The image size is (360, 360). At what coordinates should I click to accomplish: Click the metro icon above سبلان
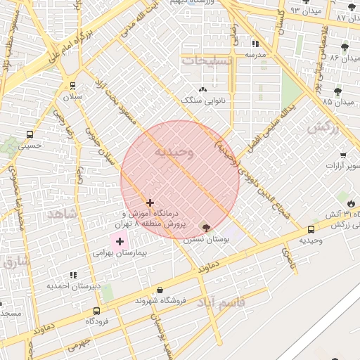(x=73, y=85)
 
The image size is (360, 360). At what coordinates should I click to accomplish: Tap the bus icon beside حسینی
(x=30, y=134)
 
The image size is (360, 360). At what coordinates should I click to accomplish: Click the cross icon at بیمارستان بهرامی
(x=120, y=241)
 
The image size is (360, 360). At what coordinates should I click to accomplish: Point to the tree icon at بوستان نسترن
(x=205, y=228)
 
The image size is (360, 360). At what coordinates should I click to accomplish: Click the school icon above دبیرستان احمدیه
(x=72, y=275)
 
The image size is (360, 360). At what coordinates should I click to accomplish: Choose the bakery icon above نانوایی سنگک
(x=203, y=89)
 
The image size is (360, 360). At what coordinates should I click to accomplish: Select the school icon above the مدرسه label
(x=255, y=44)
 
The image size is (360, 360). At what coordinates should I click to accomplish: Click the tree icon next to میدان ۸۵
(x=338, y=91)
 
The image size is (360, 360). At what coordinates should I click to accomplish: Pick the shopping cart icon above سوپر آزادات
(x=342, y=155)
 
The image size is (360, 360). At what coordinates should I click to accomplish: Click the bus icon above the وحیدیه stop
(x=311, y=229)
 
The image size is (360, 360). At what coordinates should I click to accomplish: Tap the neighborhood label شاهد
(x=61, y=213)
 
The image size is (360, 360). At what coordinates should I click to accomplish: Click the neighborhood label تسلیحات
(x=206, y=61)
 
